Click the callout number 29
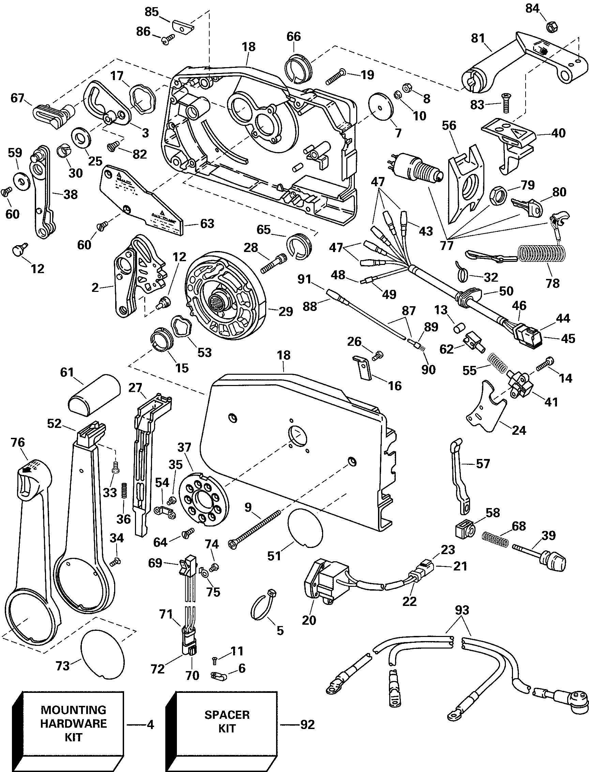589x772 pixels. tap(286, 311)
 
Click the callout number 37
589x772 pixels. tap(184, 447)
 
